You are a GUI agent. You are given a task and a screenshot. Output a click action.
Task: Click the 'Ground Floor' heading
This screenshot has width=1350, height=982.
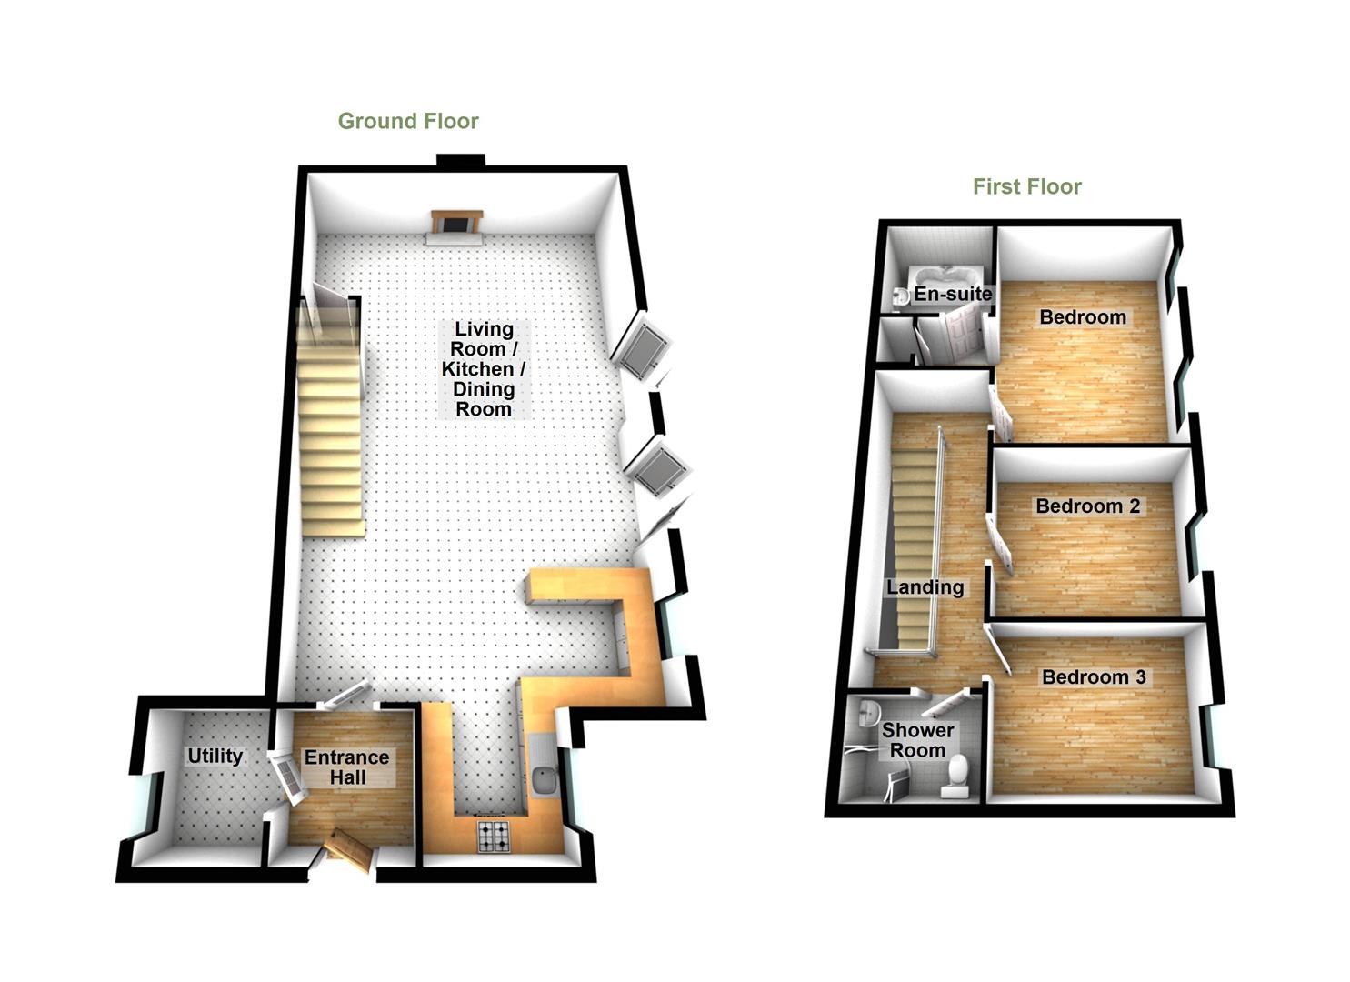408,121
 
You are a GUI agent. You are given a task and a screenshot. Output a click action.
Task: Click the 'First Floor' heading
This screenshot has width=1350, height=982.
1026,186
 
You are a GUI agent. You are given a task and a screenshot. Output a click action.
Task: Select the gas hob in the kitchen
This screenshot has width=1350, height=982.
495,837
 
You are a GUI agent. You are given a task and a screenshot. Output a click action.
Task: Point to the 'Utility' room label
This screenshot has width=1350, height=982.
215,756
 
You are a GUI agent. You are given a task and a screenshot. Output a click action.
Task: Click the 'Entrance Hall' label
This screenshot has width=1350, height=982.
346,767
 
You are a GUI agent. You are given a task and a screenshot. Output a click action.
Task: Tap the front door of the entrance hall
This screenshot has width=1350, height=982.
348,849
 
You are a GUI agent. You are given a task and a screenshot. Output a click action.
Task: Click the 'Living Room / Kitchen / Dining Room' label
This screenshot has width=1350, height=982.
484,368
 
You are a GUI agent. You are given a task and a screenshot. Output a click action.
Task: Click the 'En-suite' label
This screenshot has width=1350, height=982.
953,294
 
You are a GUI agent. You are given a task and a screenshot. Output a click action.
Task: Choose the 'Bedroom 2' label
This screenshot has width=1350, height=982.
1087,506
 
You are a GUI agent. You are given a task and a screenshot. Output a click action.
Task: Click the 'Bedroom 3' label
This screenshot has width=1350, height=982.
1094,676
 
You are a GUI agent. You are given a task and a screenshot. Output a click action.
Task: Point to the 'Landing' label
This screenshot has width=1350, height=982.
925,586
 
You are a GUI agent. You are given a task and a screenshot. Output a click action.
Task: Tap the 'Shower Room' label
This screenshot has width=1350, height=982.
917,740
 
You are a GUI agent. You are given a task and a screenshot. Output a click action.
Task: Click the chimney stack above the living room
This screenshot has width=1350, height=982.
460,161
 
